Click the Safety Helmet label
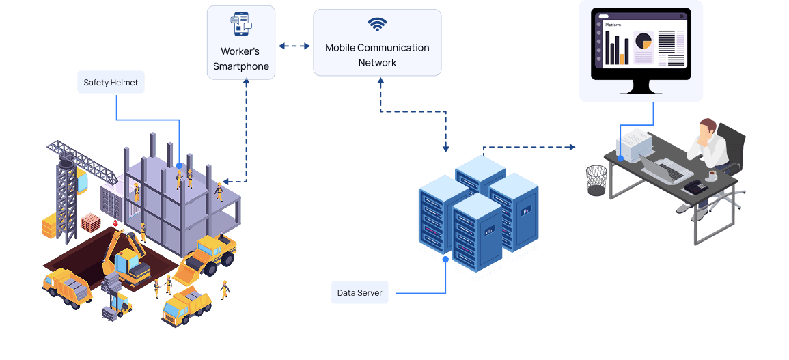tap(111, 83)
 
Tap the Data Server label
tap(359, 293)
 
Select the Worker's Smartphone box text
tap(240, 59)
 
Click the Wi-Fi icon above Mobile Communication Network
tap(376, 25)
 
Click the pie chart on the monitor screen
tap(643, 42)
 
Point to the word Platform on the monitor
tap(613, 25)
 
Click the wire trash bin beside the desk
tap(596, 180)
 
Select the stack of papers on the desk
tap(635, 143)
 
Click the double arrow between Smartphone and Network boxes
tap(294, 46)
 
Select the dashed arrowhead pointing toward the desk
tap(572, 146)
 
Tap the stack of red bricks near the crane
tap(90, 222)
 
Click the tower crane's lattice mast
tap(67, 198)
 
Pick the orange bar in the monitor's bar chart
tap(622, 59)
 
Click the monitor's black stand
tap(641, 87)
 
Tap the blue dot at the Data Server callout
tap(446, 260)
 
